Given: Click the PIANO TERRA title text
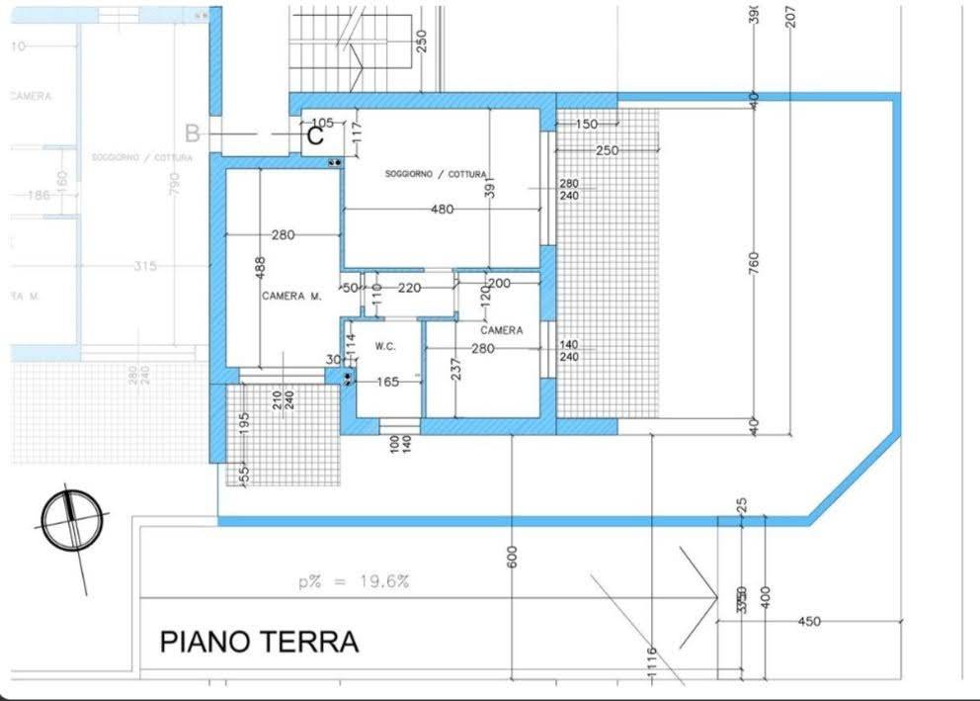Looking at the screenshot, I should tap(259, 642).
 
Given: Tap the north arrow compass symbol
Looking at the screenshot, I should tap(72, 521).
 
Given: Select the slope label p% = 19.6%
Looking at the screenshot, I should tap(354, 582).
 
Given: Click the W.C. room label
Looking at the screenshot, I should tap(385, 347).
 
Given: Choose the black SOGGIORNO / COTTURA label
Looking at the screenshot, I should tap(435, 174).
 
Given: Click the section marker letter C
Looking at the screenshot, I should tap(315, 136).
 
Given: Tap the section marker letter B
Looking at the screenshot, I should tap(193, 133).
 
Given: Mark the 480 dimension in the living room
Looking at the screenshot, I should tap(442, 209).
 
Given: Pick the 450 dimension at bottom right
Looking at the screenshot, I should tap(808, 621).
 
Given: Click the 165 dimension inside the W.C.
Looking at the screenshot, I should tap(387, 381).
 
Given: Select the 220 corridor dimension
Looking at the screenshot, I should tap(409, 288).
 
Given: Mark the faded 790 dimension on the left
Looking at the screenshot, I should tap(175, 184).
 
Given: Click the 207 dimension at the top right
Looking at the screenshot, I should tap(790, 16).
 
